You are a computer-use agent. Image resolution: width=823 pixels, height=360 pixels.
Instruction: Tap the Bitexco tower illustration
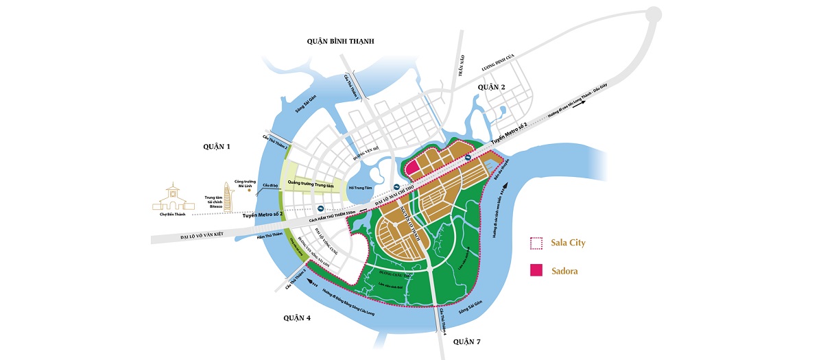(x=228, y=194)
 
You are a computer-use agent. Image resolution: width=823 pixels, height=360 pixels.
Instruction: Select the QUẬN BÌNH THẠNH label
(x=340, y=42)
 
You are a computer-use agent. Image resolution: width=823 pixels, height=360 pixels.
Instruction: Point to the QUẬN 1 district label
(x=218, y=146)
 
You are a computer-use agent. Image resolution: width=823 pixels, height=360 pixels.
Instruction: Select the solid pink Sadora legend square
(x=536, y=270)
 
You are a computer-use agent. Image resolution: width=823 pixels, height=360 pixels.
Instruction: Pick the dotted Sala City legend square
(x=536, y=243)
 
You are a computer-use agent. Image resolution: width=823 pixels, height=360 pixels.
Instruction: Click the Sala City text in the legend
(x=569, y=243)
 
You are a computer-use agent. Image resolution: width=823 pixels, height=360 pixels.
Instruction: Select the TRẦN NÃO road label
(x=462, y=67)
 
